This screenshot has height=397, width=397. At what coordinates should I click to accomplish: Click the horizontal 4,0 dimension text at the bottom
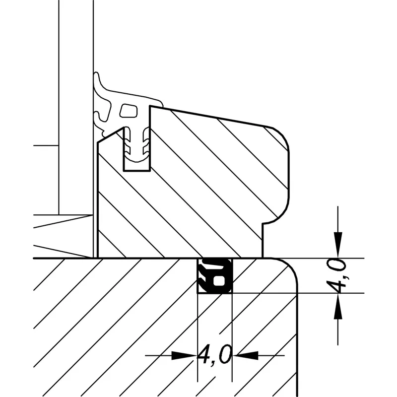[x=214, y=354]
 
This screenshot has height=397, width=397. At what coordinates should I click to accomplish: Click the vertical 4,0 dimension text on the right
[x=336, y=275]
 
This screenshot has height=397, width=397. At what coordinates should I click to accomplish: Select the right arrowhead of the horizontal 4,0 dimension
[x=245, y=355]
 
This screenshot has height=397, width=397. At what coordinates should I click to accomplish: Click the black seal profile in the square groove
[x=215, y=276]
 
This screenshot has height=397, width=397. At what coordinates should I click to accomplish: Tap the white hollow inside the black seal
[x=218, y=281]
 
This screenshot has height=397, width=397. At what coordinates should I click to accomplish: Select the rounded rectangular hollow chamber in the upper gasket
[x=129, y=111]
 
